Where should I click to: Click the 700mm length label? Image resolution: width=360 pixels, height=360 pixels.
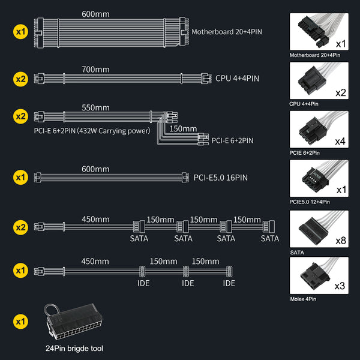pyautogui.click(x=95, y=70)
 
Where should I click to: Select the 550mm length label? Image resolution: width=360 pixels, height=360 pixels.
pyautogui.click(x=95, y=108)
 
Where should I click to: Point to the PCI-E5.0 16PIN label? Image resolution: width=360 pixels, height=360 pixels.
pyautogui.click(x=221, y=177)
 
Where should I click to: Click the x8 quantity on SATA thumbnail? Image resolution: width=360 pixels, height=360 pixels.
pyautogui.click(x=340, y=241)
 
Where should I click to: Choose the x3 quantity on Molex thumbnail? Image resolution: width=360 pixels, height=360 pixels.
pyautogui.click(x=340, y=286)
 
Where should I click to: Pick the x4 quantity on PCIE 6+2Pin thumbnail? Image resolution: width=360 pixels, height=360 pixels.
pyautogui.click(x=340, y=142)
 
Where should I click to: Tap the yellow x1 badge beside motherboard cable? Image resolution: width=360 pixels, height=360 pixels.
pyautogui.click(x=20, y=30)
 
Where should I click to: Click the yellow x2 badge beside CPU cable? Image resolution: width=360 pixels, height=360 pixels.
pyautogui.click(x=20, y=78)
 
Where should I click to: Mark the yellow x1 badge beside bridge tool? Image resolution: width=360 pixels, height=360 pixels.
pyautogui.click(x=20, y=322)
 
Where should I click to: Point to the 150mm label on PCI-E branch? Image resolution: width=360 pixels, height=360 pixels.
pyautogui.click(x=182, y=128)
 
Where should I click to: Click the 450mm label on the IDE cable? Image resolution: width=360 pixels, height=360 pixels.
pyautogui.click(x=95, y=261)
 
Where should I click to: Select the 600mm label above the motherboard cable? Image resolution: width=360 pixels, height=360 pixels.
pyautogui.click(x=95, y=14)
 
